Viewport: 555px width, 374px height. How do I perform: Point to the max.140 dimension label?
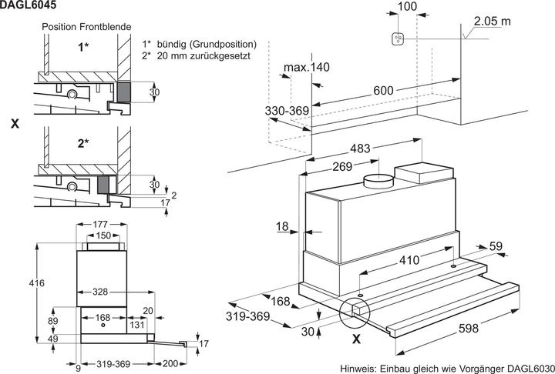coord(305,68)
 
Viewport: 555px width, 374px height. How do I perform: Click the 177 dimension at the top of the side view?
coord(102,224)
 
